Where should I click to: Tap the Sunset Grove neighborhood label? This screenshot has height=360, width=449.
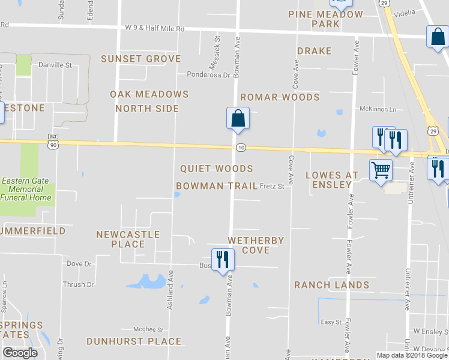[140, 59]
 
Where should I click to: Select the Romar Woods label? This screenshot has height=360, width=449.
[280, 97]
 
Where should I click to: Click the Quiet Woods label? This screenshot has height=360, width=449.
[216, 169]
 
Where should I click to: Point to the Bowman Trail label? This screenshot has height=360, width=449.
[217, 186]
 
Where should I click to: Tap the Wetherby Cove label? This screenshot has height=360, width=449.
[256, 245]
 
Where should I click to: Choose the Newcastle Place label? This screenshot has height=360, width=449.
[128, 239]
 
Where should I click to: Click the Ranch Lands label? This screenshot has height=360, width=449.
[331, 285]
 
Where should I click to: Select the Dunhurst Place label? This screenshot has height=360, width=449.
[134, 341]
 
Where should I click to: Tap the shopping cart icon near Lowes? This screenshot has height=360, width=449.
[381, 171]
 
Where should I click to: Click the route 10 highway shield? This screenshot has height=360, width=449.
[240, 148]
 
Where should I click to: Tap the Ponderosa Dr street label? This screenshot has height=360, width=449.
[209, 75]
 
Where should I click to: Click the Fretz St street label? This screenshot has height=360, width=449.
[272, 187]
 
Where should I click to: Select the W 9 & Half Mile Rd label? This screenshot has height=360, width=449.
[154, 28]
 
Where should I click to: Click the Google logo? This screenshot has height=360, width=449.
[20, 353]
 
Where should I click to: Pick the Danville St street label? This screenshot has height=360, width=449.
[55, 64]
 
